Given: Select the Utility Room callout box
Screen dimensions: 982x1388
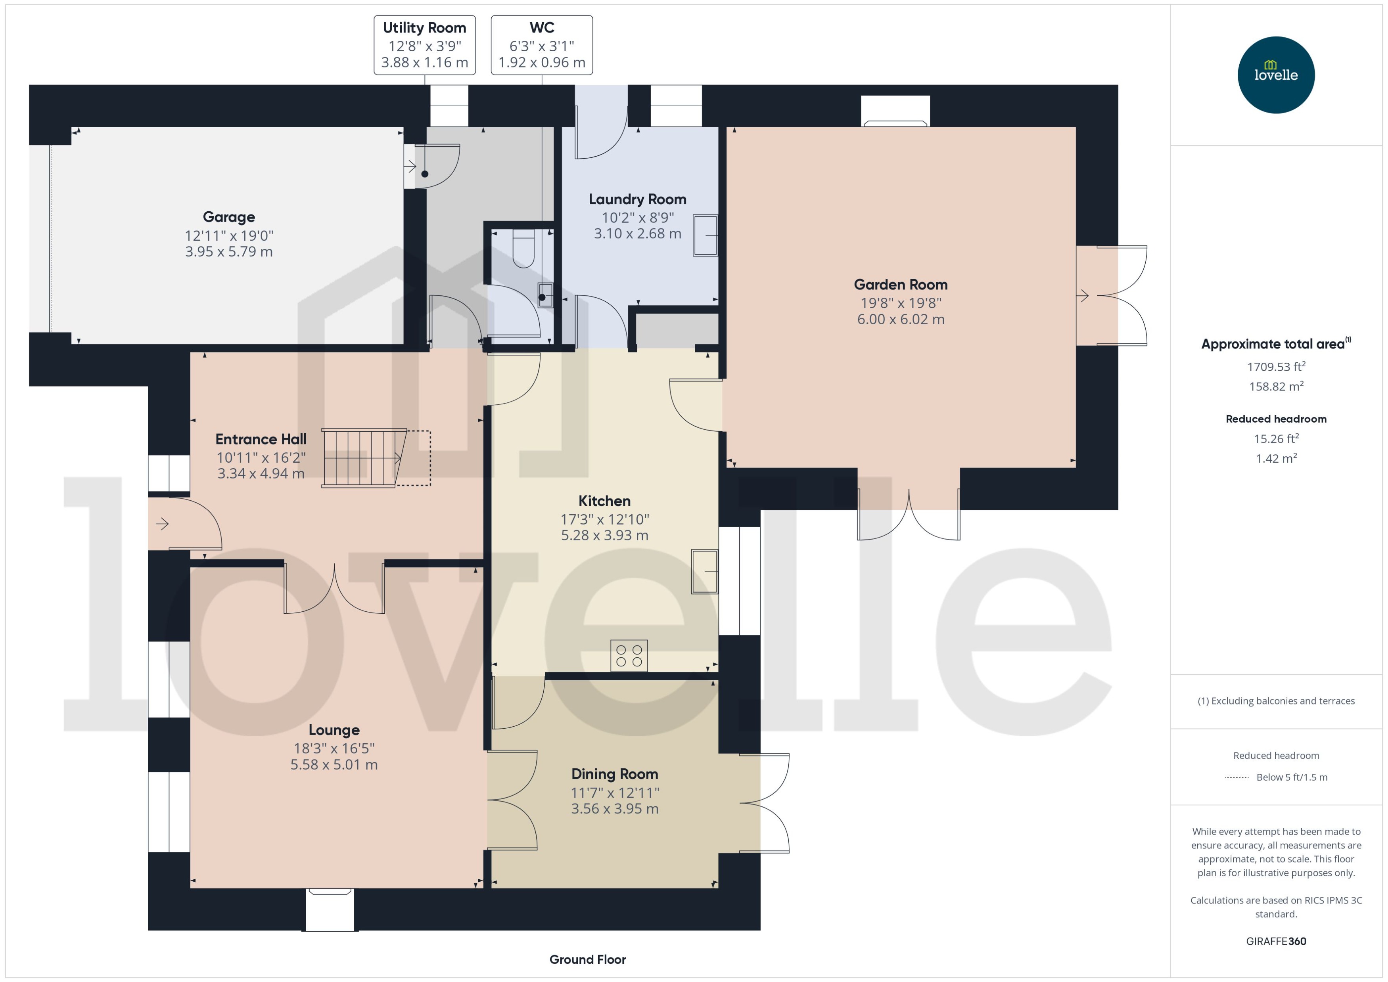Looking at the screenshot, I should click(425, 45).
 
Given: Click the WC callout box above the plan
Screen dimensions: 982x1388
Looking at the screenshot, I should click(541, 45).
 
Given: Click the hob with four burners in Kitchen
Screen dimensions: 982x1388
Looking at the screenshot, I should click(629, 655).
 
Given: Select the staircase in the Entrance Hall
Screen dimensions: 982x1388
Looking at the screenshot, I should click(363, 458).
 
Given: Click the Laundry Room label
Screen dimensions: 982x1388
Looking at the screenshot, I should click(637, 199).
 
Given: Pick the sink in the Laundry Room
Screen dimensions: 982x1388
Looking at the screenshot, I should click(705, 235).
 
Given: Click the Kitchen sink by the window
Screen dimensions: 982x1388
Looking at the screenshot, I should click(705, 571).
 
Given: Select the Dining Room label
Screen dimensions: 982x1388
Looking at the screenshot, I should click(614, 774).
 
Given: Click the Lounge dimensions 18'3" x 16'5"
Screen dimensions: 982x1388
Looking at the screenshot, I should click(334, 748).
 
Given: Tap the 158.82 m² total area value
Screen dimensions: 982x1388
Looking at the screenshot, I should click(1276, 387).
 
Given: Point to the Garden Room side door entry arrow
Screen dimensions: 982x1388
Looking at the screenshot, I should click(1083, 296).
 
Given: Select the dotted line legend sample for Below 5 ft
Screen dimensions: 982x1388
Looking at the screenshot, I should click(1236, 777).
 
